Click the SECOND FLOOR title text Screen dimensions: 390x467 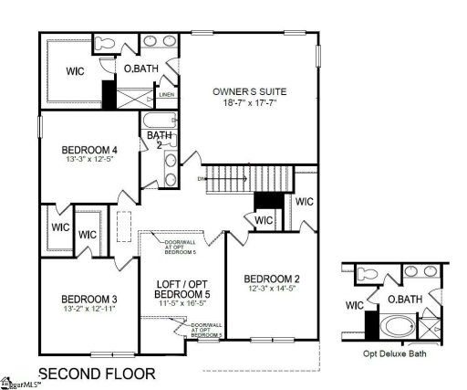[96, 373]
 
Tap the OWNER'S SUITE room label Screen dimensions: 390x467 [249, 92]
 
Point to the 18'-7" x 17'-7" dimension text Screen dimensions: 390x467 [249, 103]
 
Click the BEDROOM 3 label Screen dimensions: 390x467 [88, 300]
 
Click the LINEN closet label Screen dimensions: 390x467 [167, 94]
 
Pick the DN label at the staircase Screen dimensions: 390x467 [203, 179]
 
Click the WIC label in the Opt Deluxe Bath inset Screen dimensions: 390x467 [356, 305]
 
